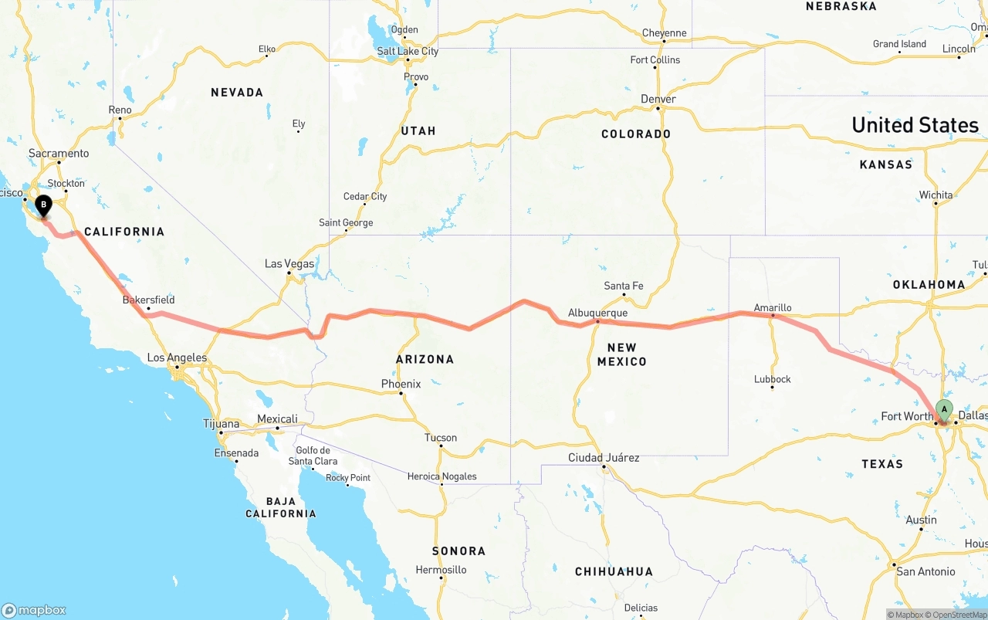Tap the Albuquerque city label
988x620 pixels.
pyautogui.click(x=597, y=313)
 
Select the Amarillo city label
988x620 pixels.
pyautogui.click(x=773, y=307)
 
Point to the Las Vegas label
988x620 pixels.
pyautogui.click(x=289, y=263)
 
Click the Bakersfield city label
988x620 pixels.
pyautogui.click(x=149, y=300)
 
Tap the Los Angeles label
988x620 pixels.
pyautogui.click(x=177, y=357)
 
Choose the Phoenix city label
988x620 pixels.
pyautogui.click(x=401, y=384)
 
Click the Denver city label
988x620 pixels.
pyautogui.click(x=658, y=99)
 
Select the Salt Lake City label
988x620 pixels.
pyautogui.click(x=408, y=51)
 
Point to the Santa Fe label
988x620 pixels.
pyautogui.click(x=623, y=286)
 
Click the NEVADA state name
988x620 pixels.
pyautogui.click(x=237, y=93)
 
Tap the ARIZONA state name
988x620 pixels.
pyautogui.click(x=425, y=359)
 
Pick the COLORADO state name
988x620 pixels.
pyautogui.click(x=636, y=134)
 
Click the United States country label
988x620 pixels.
pyautogui.click(x=915, y=125)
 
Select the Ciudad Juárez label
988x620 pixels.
pyautogui.click(x=604, y=458)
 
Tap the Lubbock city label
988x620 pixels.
pyautogui.click(x=773, y=379)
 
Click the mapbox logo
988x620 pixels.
pyautogui.click(x=34, y=610)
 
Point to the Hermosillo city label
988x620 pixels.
pyautogui.click(x=441, y=570)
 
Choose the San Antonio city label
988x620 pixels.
pyautogui.click(x=925, y=571)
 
